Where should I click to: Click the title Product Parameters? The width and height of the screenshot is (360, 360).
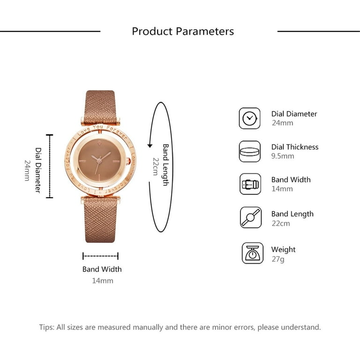183,31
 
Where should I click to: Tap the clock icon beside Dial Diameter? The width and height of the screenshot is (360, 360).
249,118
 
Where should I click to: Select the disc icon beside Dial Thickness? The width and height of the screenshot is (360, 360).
249,151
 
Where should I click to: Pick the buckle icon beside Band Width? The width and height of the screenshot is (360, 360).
250,184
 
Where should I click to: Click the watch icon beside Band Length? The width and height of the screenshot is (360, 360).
251,217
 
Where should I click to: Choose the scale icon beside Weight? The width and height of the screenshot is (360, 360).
252,253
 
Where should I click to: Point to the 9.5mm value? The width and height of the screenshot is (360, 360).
283,156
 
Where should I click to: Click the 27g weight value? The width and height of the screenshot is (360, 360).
278,259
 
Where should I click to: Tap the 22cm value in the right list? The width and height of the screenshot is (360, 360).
281,224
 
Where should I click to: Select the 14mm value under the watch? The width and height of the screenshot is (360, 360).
103,281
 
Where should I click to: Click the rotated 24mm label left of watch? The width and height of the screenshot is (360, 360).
27,171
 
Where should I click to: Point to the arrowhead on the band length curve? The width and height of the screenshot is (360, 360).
150,146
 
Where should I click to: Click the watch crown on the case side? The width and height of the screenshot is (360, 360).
128,161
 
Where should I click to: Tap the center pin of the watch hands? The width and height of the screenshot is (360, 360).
99,161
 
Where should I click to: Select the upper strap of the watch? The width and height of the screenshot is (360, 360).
100,107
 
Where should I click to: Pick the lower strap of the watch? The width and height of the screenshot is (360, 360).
100,220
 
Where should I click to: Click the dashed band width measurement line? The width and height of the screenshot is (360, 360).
101,256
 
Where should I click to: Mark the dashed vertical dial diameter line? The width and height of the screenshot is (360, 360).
50,166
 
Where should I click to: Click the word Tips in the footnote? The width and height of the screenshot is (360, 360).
47,327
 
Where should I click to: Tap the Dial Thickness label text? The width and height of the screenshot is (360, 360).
295,147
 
